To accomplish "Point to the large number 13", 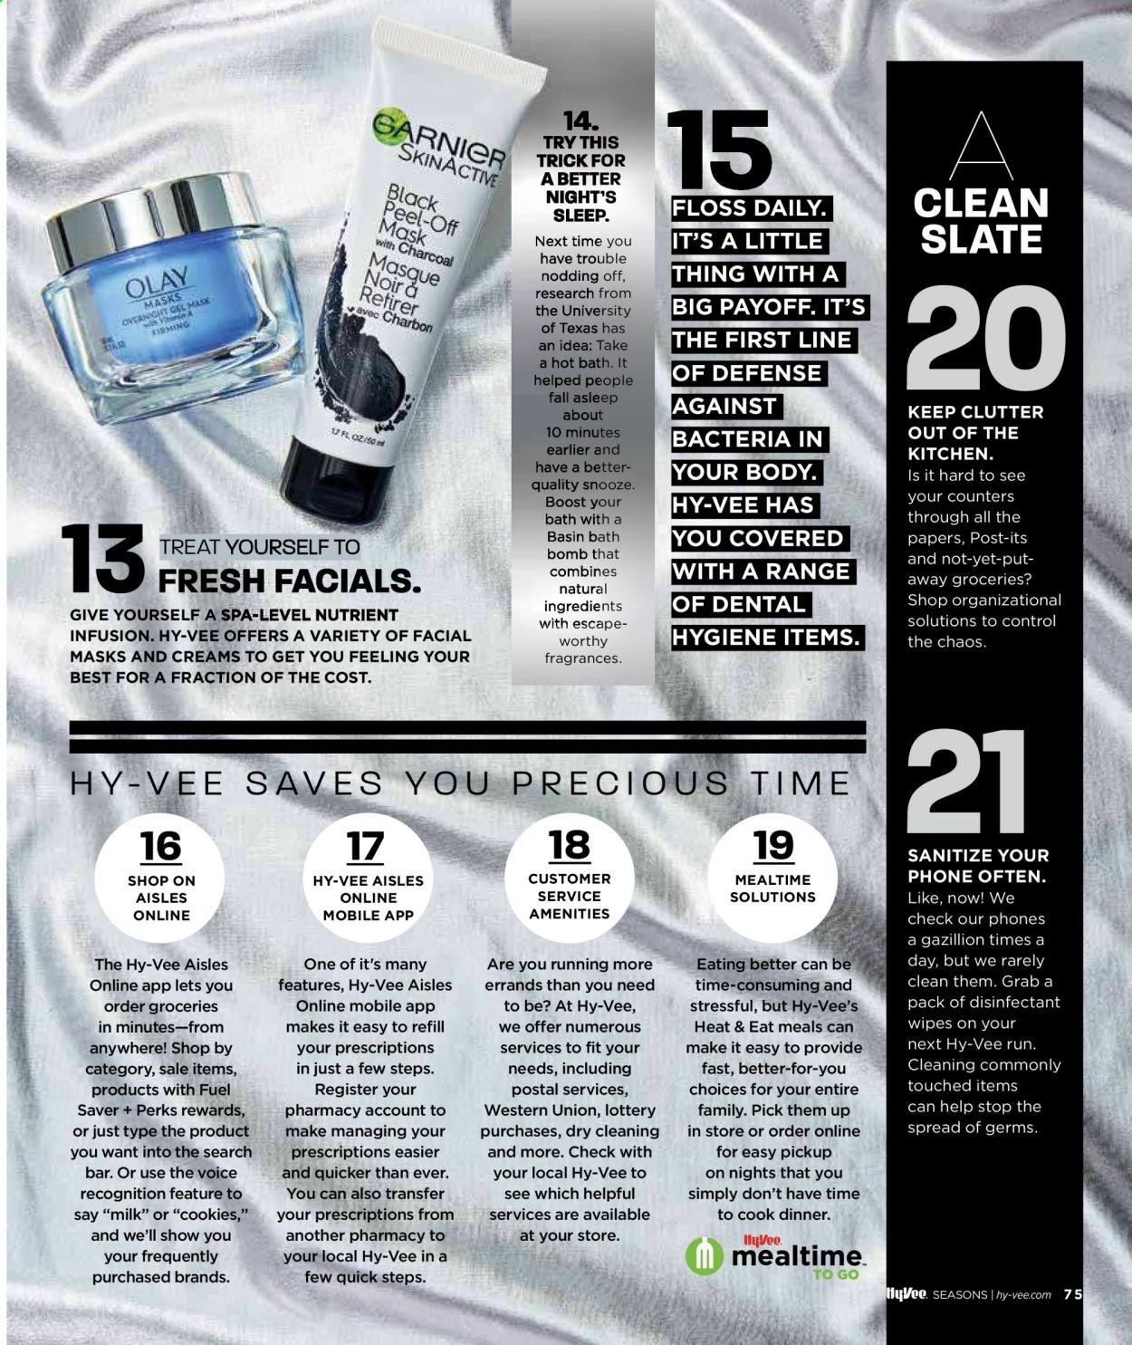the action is tap(103, 558).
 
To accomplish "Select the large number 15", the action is tap(719, 150).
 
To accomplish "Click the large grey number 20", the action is tap(985, 339).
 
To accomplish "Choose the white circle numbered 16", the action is tap(159, 878).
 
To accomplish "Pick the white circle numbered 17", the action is tap(368, 878).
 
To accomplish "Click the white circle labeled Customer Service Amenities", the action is tap(570, 878).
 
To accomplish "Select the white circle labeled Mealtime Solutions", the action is tap(772, 878).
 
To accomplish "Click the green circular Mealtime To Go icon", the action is tap(704, 1256).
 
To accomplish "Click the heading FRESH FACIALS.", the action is tap(289, 581).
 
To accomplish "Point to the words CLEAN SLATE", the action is tap(981, 221).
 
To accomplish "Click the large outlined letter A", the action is tap(982, 147).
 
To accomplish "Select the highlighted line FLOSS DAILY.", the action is tap(751, 208).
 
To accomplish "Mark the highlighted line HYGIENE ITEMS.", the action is tap(767, 638).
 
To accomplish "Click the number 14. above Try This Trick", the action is tap(581, 121).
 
